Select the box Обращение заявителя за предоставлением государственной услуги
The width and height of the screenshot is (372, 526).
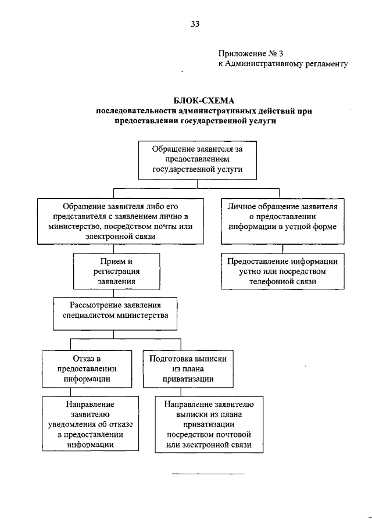(196, 159)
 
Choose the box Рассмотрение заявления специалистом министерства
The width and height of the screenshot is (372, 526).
(115, 310)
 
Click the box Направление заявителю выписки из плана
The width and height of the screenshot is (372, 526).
(209, 424)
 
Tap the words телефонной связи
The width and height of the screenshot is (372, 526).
(282, 281)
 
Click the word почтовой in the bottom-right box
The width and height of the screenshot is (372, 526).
(228, 434)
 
